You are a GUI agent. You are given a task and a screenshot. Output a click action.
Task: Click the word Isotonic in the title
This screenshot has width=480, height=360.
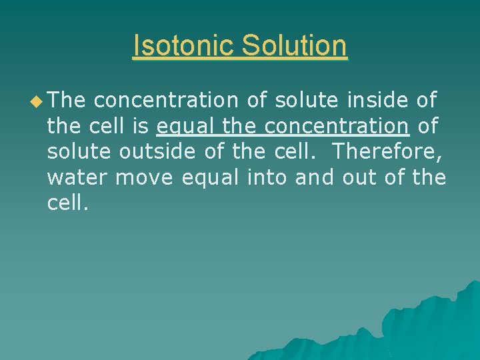tap(183, 46)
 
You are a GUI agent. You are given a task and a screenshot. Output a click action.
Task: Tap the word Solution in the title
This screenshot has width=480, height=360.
tap(295, 46)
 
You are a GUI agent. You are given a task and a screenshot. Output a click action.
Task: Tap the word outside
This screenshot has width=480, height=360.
tap(158, 151)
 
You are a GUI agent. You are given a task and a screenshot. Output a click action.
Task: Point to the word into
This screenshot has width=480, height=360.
tap(267, 177)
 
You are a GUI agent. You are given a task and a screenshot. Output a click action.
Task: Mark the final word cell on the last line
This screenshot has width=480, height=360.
tap(66, 202)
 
